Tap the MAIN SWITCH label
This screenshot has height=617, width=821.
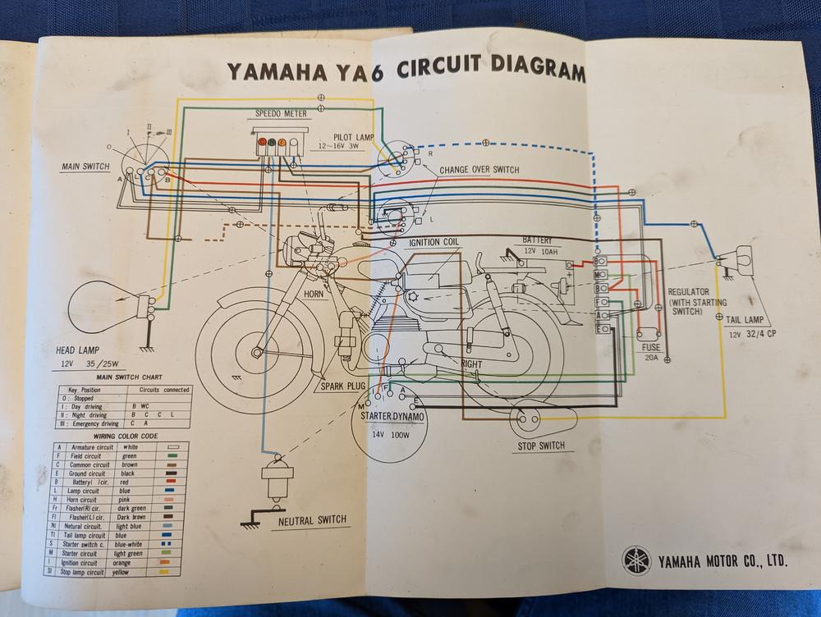click(85, 167)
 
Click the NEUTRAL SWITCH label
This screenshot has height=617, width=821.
click(311, 519)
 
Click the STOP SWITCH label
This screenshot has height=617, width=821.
click(540, 446)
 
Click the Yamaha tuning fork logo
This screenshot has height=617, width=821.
click(635, 560)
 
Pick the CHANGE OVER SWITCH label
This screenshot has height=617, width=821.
click(479, 170)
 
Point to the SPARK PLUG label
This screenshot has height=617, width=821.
click(343, 386)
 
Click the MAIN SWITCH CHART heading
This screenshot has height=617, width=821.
click(123, 377)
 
